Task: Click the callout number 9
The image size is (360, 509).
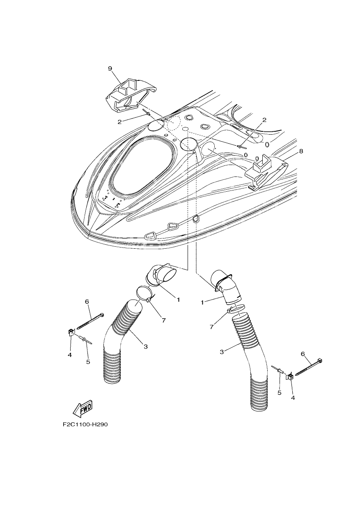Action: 110,69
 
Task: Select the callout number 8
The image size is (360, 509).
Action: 301,151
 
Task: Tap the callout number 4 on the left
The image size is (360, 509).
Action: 69,361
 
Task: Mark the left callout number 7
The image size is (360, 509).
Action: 163,321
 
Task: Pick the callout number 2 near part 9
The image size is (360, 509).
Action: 119,122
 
